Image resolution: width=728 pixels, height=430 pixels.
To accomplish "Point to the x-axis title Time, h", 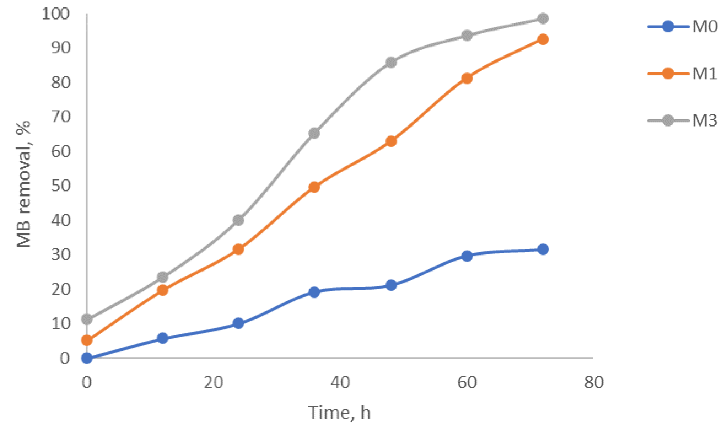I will (339, 413).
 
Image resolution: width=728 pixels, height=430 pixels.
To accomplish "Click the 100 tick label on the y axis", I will (55, 14).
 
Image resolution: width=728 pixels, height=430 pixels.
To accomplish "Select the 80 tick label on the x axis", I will (594, 383).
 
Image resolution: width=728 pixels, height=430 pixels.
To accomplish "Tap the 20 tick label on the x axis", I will (214, 383).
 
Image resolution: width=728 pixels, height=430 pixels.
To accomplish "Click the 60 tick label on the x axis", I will (467, 383).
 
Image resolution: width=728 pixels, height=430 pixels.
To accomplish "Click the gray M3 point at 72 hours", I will (543, 18).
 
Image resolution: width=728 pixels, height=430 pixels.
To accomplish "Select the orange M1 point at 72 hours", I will (543, 39).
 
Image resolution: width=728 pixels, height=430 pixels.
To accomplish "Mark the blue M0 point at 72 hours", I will (543, 249).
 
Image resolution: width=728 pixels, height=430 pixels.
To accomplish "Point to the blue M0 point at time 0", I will (87, 358).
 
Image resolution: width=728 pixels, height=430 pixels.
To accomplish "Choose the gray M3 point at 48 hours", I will (391, 63).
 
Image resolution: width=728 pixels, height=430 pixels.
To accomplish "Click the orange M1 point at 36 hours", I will (314, 187).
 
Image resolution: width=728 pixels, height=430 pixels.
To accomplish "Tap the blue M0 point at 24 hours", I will (239, 323).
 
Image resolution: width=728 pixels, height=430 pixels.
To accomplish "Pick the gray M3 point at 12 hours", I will (162, 277).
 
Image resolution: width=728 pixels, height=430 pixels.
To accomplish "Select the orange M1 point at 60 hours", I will (467, 79).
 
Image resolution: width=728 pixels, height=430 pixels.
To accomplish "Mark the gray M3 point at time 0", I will (87, 319).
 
